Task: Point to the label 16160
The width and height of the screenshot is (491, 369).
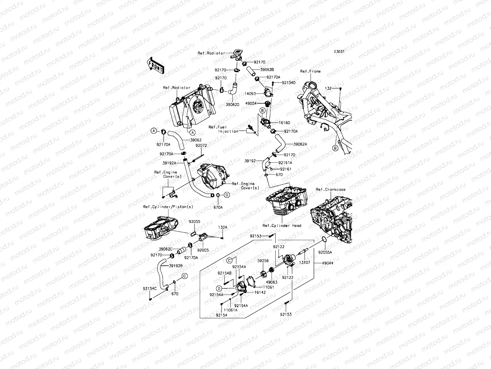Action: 284,123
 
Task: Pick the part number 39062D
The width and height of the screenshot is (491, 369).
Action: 233,105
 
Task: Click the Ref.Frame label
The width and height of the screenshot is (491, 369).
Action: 310,71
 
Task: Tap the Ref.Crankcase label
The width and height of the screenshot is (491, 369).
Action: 331,189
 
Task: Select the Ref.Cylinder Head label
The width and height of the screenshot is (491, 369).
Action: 281,225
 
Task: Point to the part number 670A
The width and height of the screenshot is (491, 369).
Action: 218,207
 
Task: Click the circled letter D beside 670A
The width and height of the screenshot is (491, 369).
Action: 227,195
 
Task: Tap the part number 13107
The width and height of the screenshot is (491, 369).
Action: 304,263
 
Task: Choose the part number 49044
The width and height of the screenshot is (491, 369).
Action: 327,263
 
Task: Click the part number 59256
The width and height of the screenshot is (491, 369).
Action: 263,261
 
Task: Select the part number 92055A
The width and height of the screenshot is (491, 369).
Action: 325,252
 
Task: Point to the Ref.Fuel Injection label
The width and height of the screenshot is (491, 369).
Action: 228,129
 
